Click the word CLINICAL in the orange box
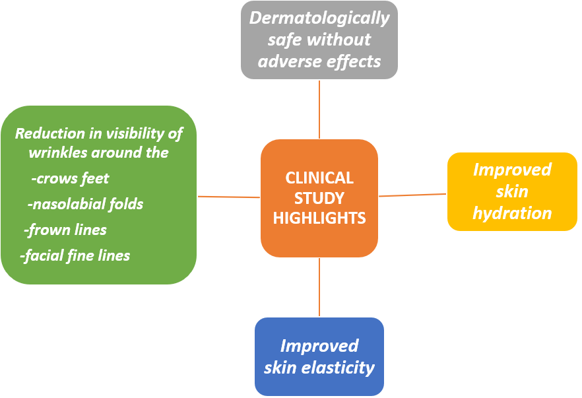pyautogui.click(x=319, y=178)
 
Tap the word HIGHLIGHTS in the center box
pyautogui.click(x=319, y=218)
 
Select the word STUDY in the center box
pyautogui.click(x=319, y=198)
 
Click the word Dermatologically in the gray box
pyautogui.click(x=319, y=18)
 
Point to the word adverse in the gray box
pyautogui.click(x=286, y=61)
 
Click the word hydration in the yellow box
pyautogui.click(x=512, y=213)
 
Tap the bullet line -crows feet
pyautogui.click(x=70, y=179)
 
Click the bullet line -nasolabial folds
pyautogui.click(x=85, y=204)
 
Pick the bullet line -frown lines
pyautogui.click(x=65, y=230)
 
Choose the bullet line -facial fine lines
pyautogui.click(x=75, y=256)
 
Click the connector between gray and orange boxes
pyautogui.click(x=319, y=110)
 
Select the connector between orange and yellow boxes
pyautogui.click(x=412, y=195)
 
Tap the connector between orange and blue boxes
pyautogui.click(x=319, y=287)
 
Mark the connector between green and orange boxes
pyautogui.click(x=228, y=197)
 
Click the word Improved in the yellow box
pyautogui.click(x=512, y=170)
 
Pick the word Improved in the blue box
pyautogui.click(x=319, y=346)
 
